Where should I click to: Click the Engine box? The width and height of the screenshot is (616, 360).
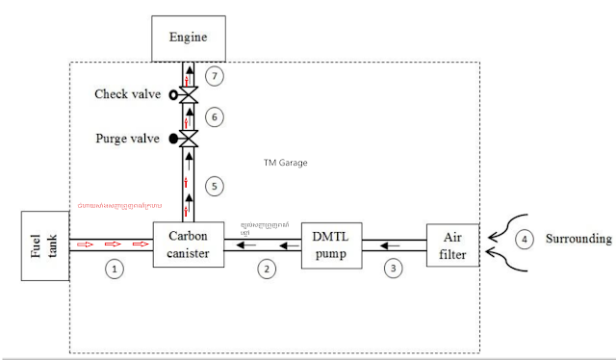pyautogui.click(x=190, y=39)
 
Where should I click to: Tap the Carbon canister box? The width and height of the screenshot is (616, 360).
pyautogui.click(x=189, y=244)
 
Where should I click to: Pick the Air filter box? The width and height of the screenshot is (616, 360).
pyautogui.click(x=452, y=244)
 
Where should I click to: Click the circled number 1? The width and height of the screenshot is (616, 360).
pyautogui.click(x=115, y=269)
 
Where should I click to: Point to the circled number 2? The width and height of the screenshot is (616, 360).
pyautogui.click(x=267, y=269)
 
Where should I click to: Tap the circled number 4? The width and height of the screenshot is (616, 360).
pyautogui.click(x=525, y=238)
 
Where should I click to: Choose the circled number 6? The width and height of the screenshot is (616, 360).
pyautogui.click(x=216, y=116)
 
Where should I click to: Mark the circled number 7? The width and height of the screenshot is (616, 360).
pyautogui.click(x=216, y=74)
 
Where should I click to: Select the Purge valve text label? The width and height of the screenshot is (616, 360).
pyautogui.click(x=130, y=139)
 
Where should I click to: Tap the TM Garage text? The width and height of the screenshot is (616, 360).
pyautogui.click(x=285, y=163)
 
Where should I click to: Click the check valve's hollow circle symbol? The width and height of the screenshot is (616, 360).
pyautogui.click(x=174, y=95)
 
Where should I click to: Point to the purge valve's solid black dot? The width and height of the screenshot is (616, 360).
pyautogui.click(x=174, y=139)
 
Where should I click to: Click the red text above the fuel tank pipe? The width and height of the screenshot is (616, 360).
pyautogui.click(x=119, y=205)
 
